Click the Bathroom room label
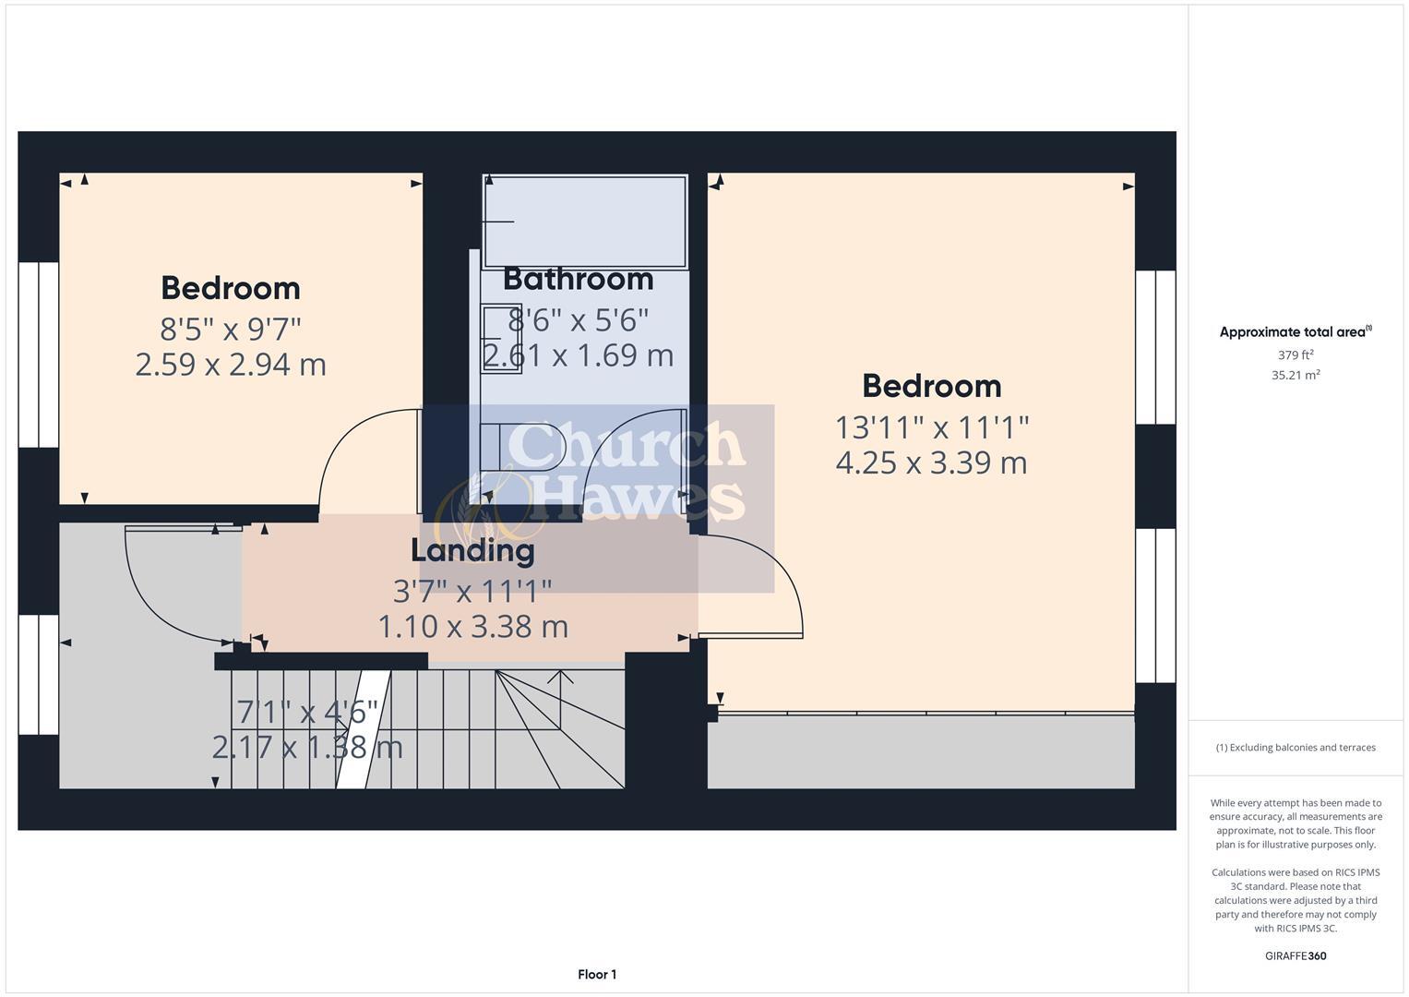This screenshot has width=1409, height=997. [x=578, y=279]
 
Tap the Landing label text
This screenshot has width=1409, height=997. [x=472, y=550]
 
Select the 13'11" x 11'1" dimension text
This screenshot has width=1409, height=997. [x=931, y=427]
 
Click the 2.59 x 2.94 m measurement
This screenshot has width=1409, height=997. [x=231, y=365]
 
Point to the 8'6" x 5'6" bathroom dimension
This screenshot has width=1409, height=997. [x=578, y=320]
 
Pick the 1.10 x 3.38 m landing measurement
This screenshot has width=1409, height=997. [x=472, y=627]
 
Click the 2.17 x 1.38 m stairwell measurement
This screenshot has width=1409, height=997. [x=307, y=747]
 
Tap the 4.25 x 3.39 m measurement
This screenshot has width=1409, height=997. [x=931, y=462]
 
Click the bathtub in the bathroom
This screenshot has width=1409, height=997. [x=585, y=222]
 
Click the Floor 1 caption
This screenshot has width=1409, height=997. [x=597, y=974]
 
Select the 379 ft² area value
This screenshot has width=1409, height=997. [x=1296, y=355]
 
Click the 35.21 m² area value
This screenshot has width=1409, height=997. [x=1296, y=375]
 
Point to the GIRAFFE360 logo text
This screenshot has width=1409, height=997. [x=1296, y=955]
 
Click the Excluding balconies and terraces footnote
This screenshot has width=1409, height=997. [x=1296, y=748]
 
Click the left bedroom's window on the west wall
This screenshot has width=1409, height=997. [x=39, y=354]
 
